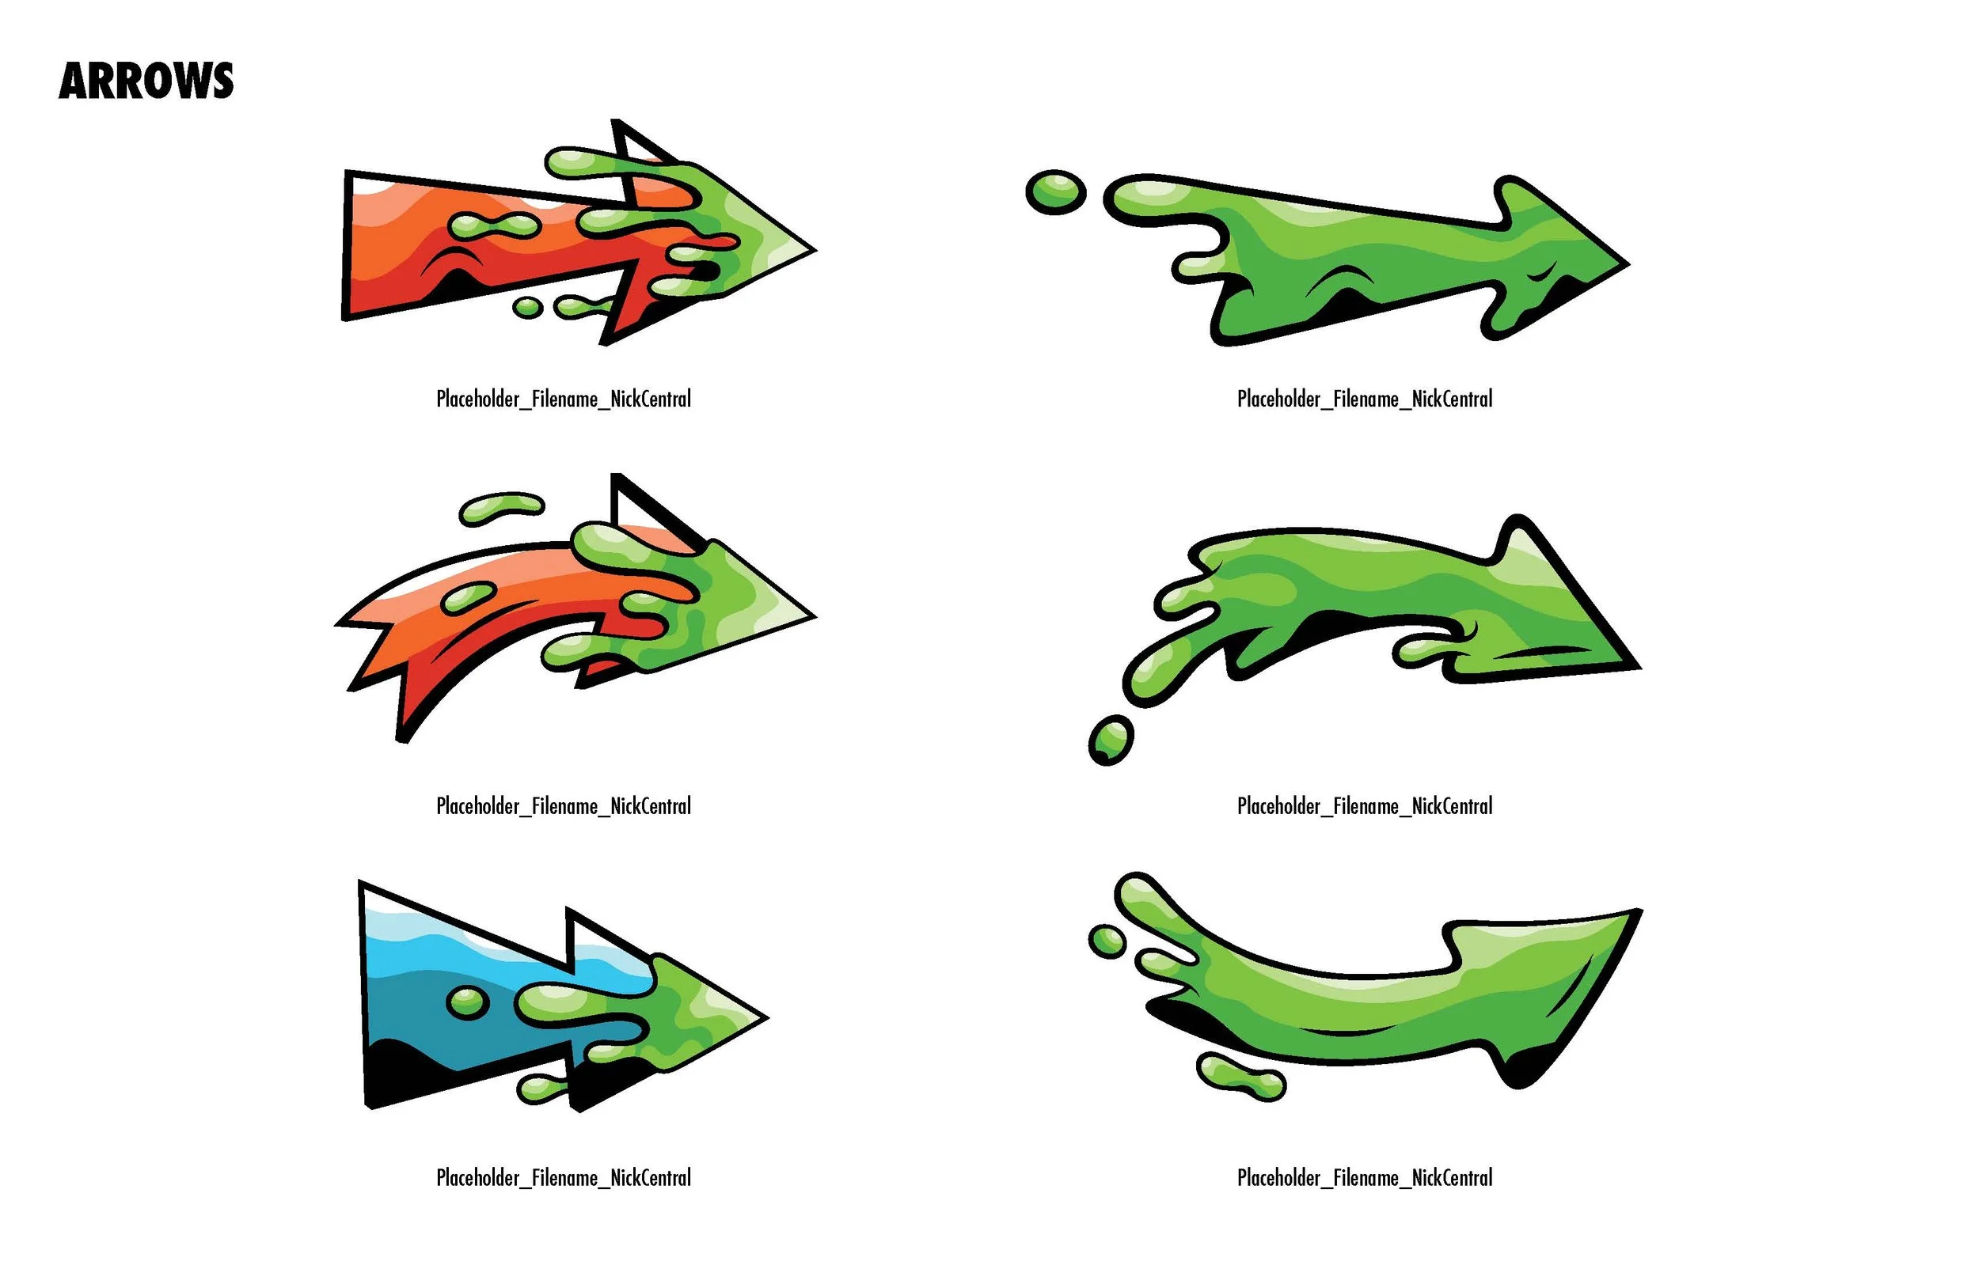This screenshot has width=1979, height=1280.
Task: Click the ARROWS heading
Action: [146, 81]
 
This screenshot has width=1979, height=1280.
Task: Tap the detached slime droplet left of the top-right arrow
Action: [1055, 192]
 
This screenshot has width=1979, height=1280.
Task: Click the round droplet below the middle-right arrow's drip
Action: [1110, 739]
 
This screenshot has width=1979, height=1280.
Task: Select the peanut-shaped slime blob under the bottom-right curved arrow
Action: [1240, 1077]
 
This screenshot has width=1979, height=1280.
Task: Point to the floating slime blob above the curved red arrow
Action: [501, 507]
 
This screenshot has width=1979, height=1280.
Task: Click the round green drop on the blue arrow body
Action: [466, 1002]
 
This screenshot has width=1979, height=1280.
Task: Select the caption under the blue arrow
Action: [563, 1178]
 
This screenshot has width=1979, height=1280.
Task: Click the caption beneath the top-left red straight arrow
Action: [563, 399]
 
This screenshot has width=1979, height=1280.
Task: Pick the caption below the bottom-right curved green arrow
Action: [1364, 1178]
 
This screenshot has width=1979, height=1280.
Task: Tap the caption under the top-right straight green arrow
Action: [1364, 399]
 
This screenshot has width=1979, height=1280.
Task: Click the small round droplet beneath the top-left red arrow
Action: [527, 308]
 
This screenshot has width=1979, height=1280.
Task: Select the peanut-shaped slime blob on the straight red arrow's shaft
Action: [492, 225]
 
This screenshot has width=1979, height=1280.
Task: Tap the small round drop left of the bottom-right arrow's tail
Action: [1107, 941]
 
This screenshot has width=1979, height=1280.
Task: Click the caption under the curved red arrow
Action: [563, 806]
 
